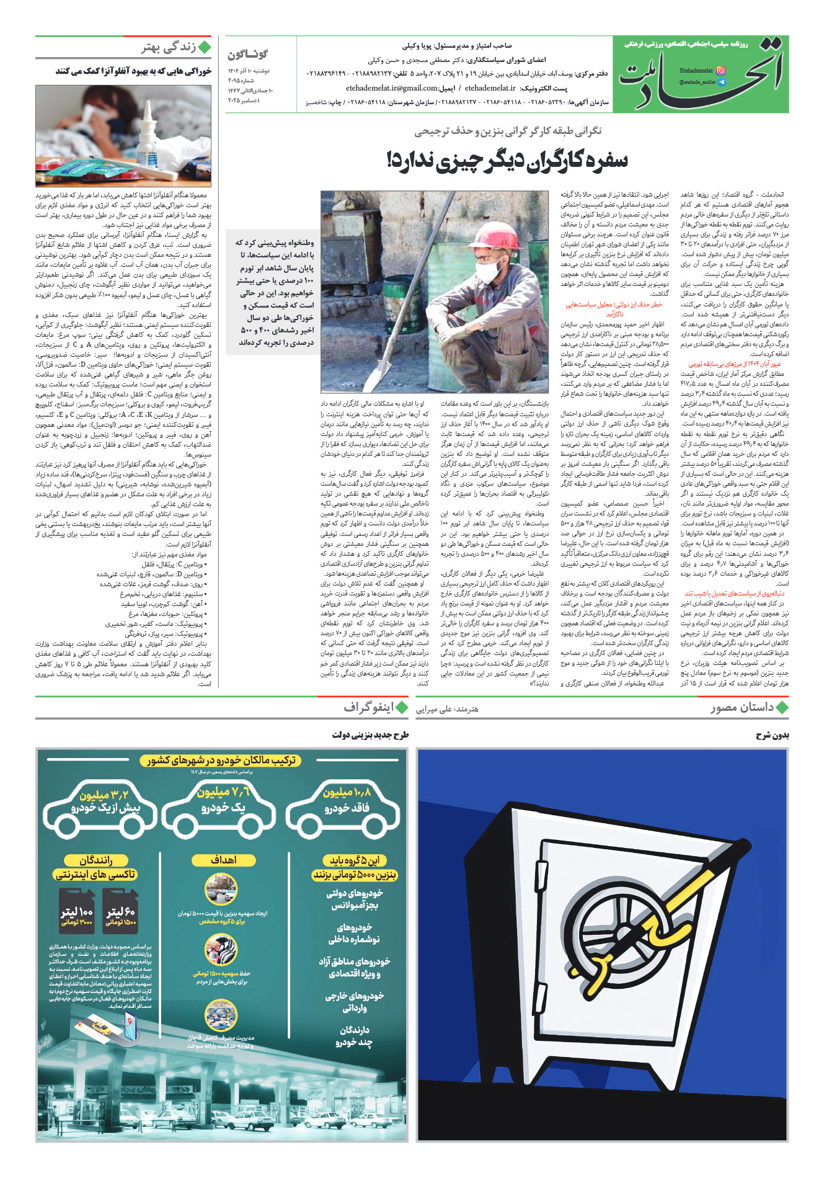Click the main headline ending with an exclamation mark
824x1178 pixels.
click(x=507, y=161)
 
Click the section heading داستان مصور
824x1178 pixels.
click(x=742, y=708)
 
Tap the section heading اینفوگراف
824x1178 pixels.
click(x=368, y=708)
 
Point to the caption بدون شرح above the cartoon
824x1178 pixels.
click(x=772, y=736)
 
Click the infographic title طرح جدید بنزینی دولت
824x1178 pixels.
click(x=370, y=736)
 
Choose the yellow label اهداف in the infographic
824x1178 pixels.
click(x=223, y=860)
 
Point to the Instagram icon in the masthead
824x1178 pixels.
click(x=720, y=71)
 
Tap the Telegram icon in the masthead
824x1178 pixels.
click(x=720, y=82)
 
